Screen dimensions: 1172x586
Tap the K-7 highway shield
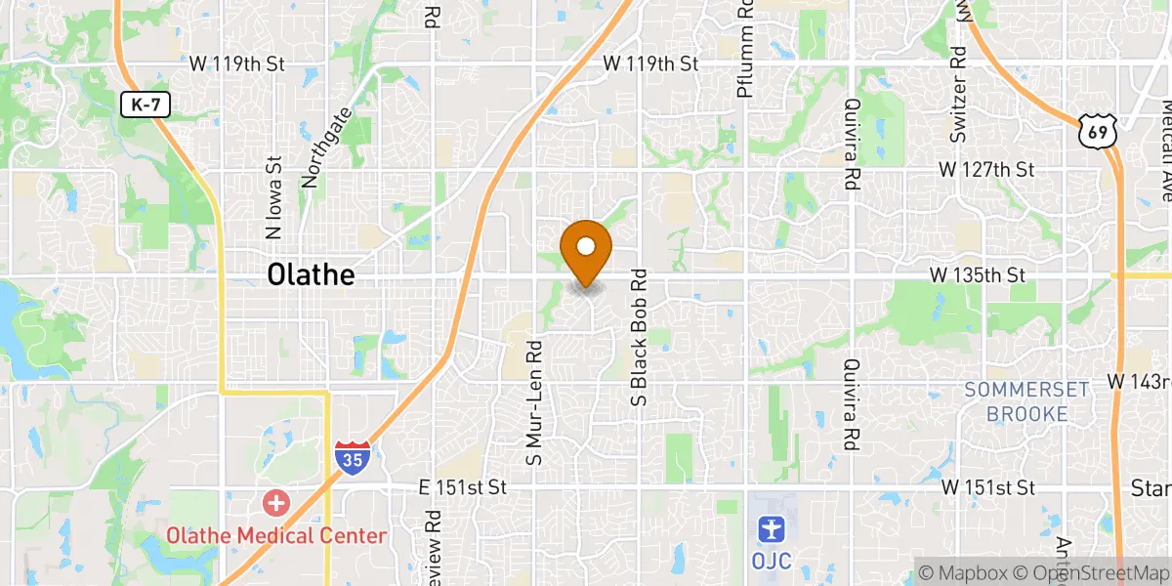pyautogui.click(x=146, y=105)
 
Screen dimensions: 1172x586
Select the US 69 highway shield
pyautogui.click(x=1096, y=130)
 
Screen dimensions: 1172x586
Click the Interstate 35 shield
pyautogui.click(x=352, y=457)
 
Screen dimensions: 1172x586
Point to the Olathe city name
pyautogui.click(x=311, y=275)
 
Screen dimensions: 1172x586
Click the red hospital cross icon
pyautogui.click(x=276, y=504)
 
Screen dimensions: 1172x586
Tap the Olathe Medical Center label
pyautogui.click(x=276, y=535)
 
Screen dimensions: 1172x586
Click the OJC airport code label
pyautogui.click(x=773, y=561)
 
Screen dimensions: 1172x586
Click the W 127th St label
pyautogui.click(x=985, y=169)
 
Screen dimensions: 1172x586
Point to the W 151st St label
pyautogui.click(x=988, y=486)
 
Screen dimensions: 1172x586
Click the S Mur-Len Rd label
pyautogui.click(x=533, y=402)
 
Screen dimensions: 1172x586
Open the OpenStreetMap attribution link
pyautogui.click(x=1094, y=573)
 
